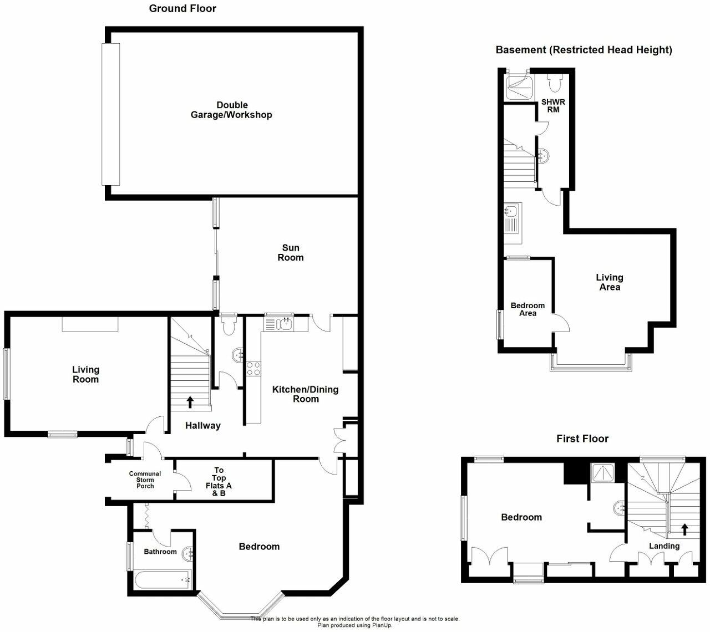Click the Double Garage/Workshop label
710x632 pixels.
tap(231, 110)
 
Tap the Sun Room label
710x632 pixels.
tap(291, 253)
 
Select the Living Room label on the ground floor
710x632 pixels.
tap(85, 374)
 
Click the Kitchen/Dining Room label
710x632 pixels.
tap(305, 394)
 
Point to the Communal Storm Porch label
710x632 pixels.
tap(145, 480)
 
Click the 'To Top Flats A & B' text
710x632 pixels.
tap(219, 481)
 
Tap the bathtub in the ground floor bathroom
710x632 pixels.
tap(163, 580)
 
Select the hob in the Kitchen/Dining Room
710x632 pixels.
tap(253, 369)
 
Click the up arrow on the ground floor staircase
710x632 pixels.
tap(190, 402)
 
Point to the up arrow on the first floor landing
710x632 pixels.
tap(684, 529)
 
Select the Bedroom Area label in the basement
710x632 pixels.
tap(528, 309)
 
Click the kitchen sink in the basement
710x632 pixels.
tap(511, 211)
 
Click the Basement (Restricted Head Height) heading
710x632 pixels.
tap(584, 50)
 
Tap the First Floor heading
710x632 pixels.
tap(582, 439)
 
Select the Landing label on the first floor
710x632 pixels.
tap(664, 546)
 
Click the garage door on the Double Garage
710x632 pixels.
tap(110, 114)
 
